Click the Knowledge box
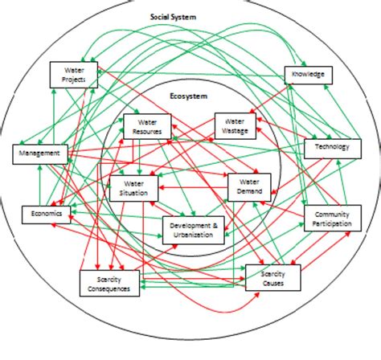click(308, 75)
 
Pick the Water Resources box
click(147, 125)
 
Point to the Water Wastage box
click(236, 126)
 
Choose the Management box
click(39, 153)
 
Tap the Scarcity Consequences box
click(108, 284)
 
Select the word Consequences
click(108, 289)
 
